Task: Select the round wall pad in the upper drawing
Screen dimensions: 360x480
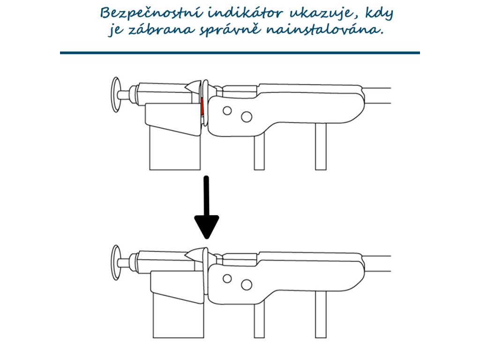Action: click(x=115, y=95)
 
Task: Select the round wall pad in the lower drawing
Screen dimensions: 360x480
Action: click(x=115, y=262)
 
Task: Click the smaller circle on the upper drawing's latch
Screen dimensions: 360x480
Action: click(x=227, y=111)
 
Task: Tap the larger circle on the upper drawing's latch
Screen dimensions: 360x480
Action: click(x=246, y=115)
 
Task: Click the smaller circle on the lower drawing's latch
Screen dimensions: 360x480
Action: click(x=227, y=278)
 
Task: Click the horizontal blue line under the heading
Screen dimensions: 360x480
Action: click(x=240, y=53)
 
